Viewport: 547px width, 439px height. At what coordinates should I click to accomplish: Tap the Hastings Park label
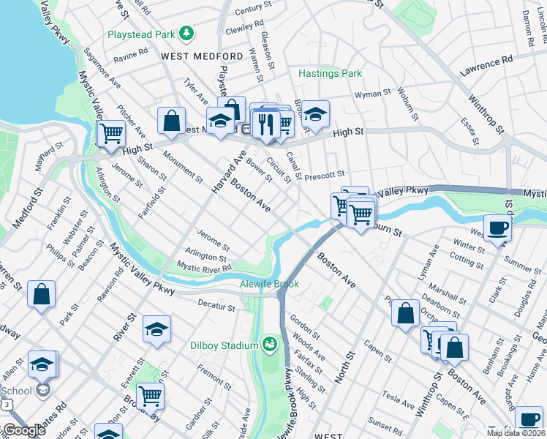[x=330, y=74]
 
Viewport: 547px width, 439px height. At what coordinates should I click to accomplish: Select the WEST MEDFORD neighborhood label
[x=202, y=56]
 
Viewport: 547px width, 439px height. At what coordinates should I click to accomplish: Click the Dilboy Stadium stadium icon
[x=271, y=345]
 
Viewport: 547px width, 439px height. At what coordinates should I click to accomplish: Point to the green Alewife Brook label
[x=269, y=284]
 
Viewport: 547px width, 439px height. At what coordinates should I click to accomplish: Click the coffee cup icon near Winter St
[x=497, y=227]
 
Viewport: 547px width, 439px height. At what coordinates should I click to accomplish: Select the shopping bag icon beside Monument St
[x=171, y=121]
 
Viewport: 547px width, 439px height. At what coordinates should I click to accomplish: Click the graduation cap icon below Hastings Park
[x=315, y=114]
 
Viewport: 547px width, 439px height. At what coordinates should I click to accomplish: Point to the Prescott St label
[x=324, y=176]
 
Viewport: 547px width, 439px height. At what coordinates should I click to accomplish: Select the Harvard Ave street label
[x=227, y=172]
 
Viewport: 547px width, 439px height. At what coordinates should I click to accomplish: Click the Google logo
[x=24, y=430]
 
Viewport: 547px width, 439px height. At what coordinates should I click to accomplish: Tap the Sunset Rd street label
[x=385, y=423]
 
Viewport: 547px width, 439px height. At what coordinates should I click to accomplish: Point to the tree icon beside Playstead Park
[x=187, y=33]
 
